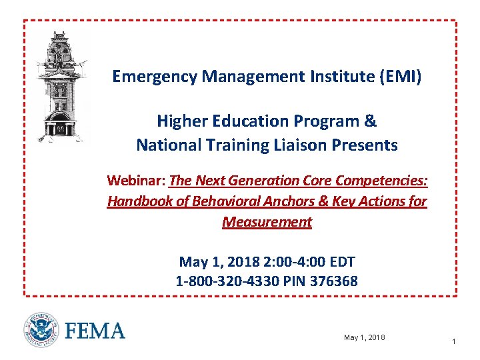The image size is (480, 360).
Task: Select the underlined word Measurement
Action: click(267, 221)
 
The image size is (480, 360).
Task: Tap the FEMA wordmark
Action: click(95, 331)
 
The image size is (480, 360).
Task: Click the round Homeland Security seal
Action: click(41, 330)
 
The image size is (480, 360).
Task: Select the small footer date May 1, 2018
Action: click(364, 338)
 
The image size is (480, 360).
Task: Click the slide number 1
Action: click(453, 341)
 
